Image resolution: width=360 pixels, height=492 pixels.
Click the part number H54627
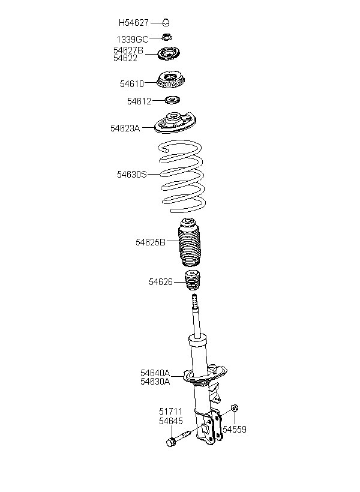click(133, 23)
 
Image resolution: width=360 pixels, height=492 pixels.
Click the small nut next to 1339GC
click(168, 38)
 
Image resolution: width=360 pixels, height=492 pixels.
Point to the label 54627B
click(128, 50)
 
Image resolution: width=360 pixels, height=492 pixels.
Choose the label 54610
click(132, 83)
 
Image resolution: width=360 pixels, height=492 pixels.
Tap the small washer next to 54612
click(173, 100)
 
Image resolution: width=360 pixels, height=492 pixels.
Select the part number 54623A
click(125, 128)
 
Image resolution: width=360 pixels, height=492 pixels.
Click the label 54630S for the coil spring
click(132, 175)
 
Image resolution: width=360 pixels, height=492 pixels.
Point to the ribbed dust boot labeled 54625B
click(190, 245)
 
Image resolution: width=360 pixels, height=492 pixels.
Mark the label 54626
click(161, 281)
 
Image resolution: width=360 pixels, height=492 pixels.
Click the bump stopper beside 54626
click(192, 281)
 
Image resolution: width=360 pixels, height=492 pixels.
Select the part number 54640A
click(155, 373)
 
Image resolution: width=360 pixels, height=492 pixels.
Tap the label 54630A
click(155, 381)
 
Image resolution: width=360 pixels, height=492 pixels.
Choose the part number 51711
click(170, 412)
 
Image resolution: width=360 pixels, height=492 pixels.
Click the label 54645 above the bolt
click(170, 421)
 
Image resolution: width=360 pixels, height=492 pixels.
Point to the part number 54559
click(234, 430)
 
